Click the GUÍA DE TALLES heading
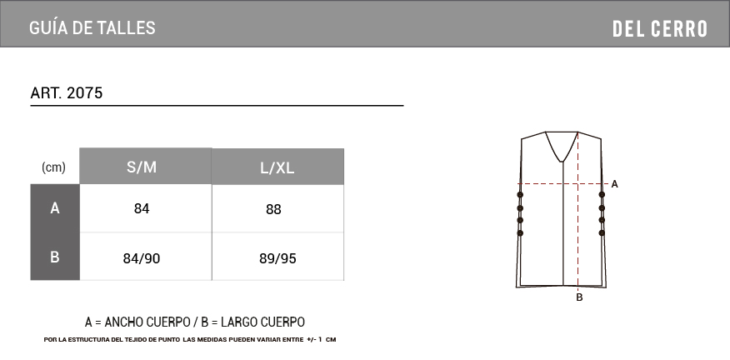tap(92, 28)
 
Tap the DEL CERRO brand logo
tap(660, 29)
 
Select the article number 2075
tap(85, 93)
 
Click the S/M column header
tap(142, 167)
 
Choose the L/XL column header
tap(277, 168)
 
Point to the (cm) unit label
tap(53, 167)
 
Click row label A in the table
tap(55, 208)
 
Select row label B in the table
tap(55, 257)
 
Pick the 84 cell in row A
tap(142, 208)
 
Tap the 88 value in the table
tap(273, 209)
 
